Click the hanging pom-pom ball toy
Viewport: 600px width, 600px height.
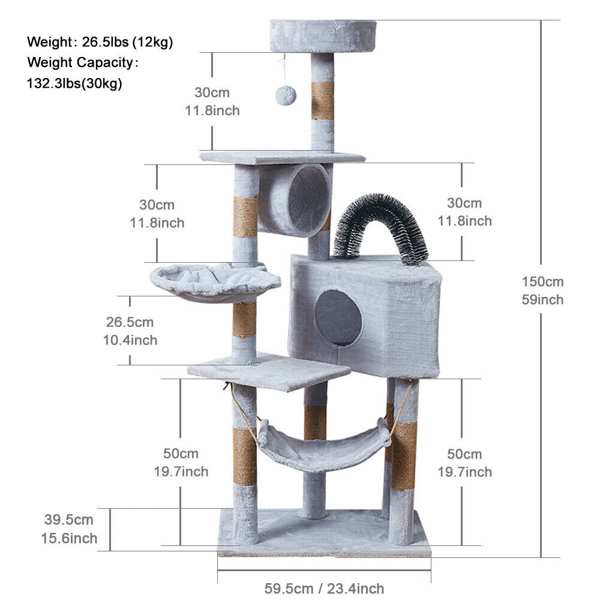tap(286, 95)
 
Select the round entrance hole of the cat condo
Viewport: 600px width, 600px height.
tap(338, 317)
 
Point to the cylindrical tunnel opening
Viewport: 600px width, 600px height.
tap(308, 201)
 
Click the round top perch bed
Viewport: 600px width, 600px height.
tap(323, 36)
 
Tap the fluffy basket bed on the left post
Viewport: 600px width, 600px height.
tap(215, 282)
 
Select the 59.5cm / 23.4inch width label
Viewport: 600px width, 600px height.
tap(324, 588)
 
